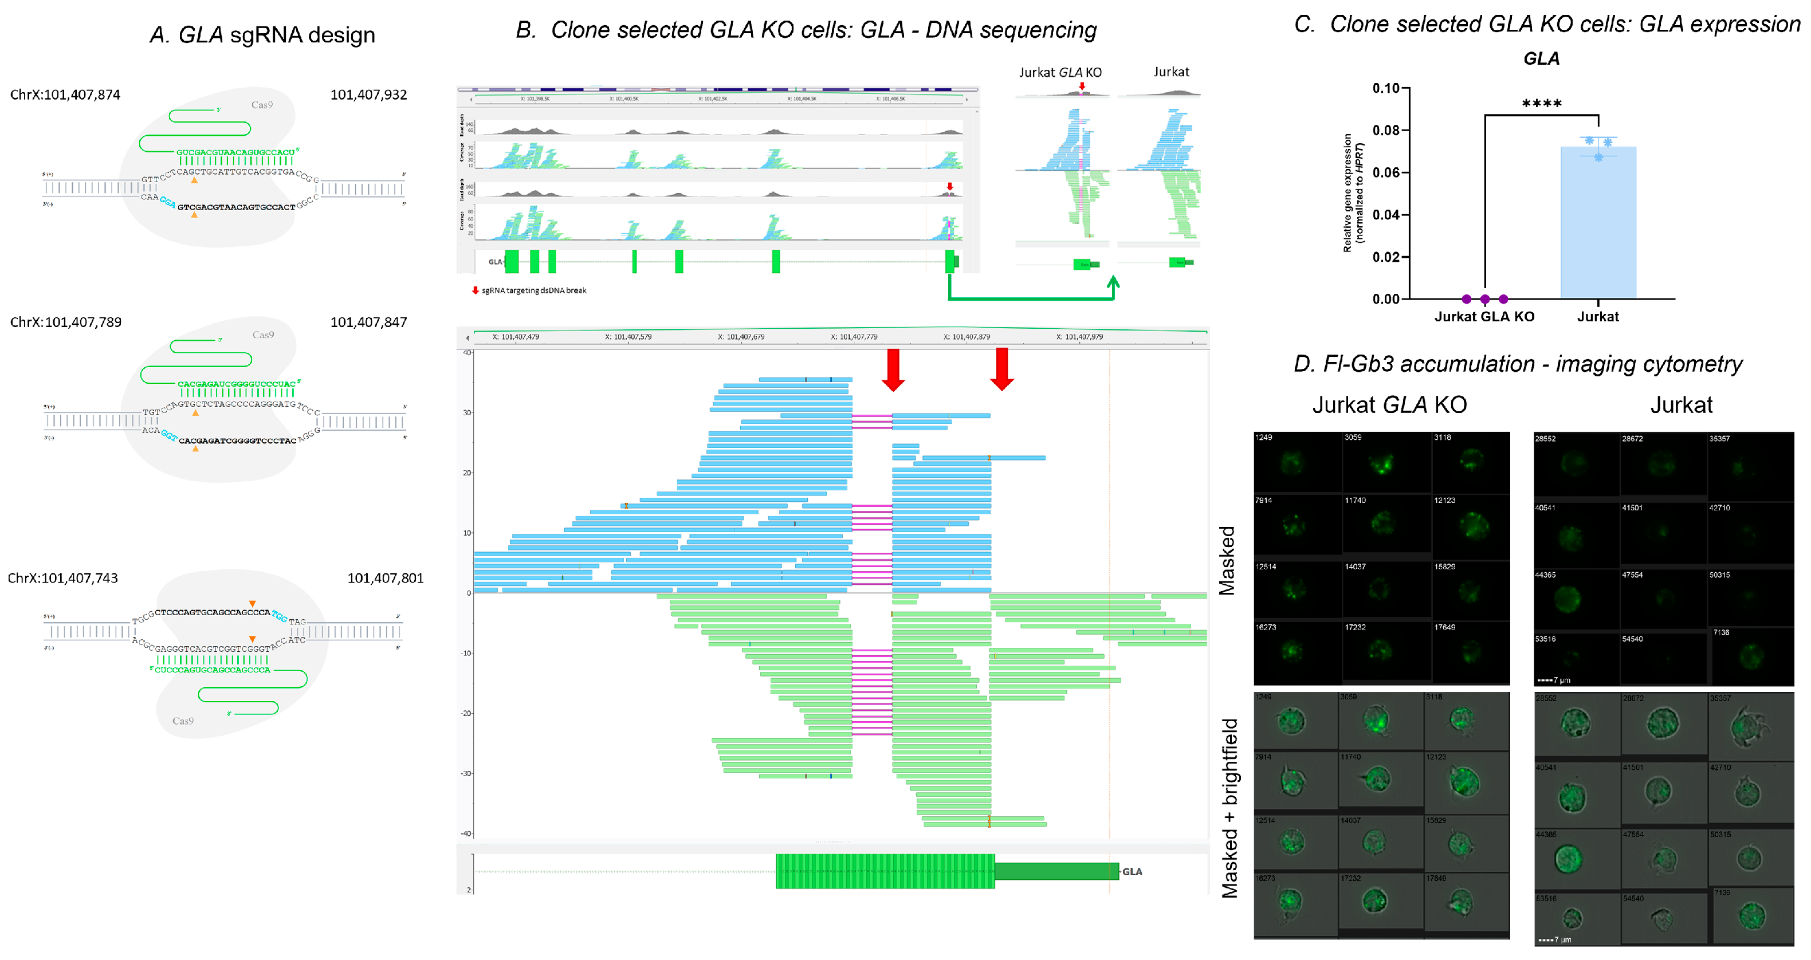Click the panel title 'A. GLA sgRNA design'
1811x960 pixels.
click(x=262, y=35)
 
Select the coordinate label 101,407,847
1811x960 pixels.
click(x=368, y=322)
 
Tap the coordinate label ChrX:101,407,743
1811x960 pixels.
click(x=62, y=579)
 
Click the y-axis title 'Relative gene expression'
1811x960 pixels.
click(x=1347, y=192)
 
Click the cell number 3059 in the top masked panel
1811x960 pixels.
click(x=1353, y=438)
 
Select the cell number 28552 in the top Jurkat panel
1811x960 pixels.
click(x=1545, y=439)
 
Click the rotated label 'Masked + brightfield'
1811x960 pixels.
click(x=1229, y=808)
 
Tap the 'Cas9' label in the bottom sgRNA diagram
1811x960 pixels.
click(x=183, y=721)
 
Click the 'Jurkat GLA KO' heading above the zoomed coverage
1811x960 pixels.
click(x=1060, y=72)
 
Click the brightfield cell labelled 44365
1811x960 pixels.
click(x=1568, y=858)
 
